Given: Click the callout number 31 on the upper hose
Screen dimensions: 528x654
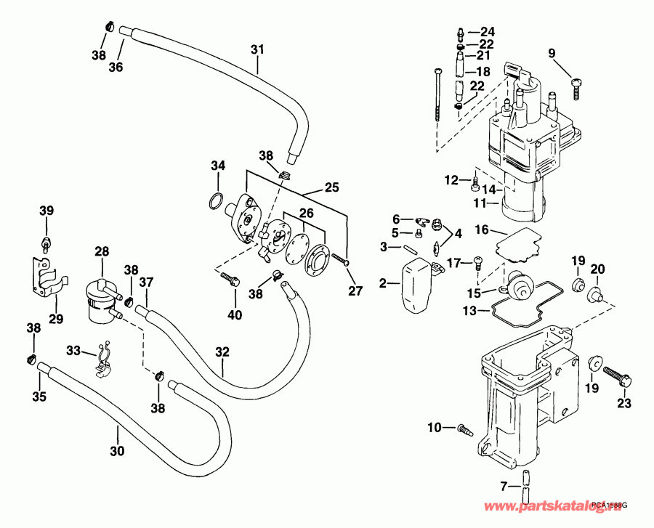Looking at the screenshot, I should [x=256, y=49].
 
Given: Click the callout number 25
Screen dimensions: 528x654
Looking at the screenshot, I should [x=331, y=188].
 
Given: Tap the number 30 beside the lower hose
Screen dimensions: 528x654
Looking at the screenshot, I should [x=117, y=451].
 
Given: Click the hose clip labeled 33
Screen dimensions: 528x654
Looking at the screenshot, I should [x=103, y=360].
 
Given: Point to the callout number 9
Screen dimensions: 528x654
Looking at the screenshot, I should [x=551, y=52].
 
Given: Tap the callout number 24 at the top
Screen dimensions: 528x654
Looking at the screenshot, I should [x=487, y=32].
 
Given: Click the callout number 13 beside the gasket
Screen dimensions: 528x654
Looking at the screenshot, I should [x=469, y=311].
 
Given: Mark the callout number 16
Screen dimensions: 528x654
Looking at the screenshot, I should [x=481, y=230].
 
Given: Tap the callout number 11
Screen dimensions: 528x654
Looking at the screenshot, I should [x=480, y=204].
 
